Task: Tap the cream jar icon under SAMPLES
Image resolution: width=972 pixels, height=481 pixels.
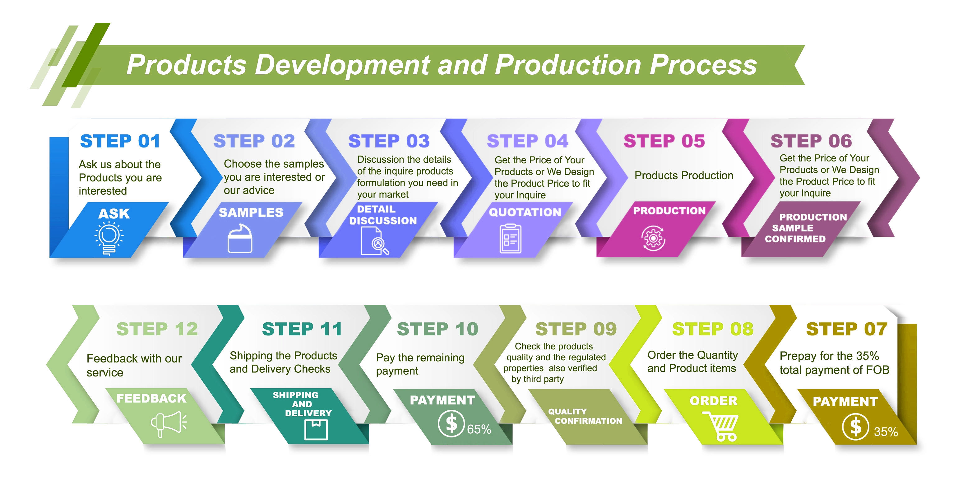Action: click(240, 239)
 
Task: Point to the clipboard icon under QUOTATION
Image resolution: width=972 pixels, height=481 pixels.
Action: click(510, 239)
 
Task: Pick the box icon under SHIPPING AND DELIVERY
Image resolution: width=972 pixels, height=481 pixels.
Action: click(316, 430)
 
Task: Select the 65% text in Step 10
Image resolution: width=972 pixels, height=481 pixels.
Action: click(479, 429)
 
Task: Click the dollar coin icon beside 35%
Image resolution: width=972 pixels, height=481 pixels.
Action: click(855, 427)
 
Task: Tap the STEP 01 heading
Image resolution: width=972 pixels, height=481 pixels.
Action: click(120, 141)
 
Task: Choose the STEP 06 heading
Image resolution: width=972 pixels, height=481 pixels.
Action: click(811, 141)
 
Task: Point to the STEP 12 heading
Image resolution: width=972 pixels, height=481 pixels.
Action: click(157, 329)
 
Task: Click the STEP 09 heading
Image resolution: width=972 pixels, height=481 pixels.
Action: click(576, 329)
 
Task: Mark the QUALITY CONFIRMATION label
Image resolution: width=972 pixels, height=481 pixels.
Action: click(585, 416)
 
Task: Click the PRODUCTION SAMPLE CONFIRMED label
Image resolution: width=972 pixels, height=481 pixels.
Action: click(800, 228)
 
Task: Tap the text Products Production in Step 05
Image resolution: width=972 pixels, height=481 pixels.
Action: click(684, 175)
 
